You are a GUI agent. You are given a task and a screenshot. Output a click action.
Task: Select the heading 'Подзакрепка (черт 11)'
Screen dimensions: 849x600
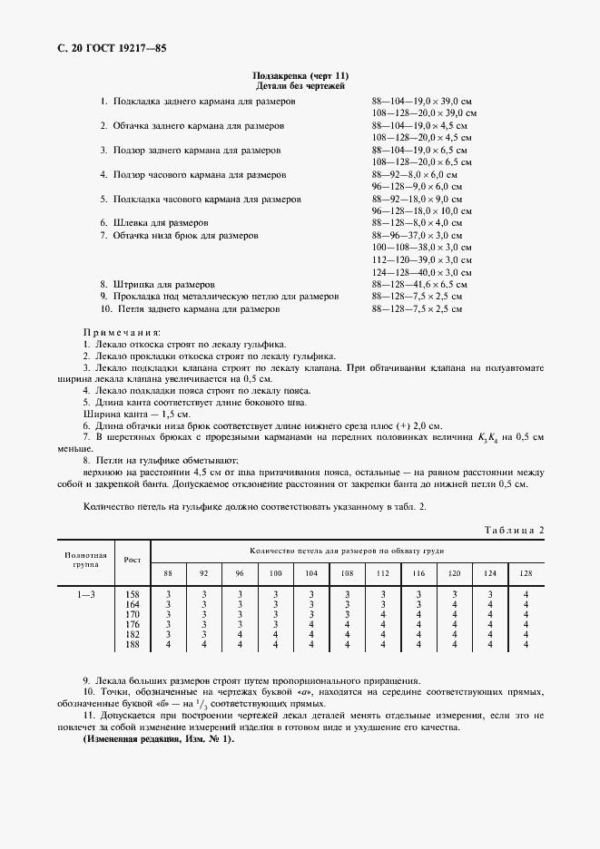[300, 75]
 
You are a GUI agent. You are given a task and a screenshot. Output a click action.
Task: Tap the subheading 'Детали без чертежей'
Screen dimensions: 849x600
[300, 85]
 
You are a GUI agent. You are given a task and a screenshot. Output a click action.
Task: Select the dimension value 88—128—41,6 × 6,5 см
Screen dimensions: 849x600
[419, 284]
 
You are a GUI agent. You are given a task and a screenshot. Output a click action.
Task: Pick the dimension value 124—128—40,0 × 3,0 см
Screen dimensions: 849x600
[419, 272]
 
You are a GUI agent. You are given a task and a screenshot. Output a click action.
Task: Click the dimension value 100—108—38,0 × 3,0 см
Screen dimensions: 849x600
[419, 248]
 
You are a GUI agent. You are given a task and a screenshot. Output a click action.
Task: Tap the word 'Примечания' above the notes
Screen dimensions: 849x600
[121, 333]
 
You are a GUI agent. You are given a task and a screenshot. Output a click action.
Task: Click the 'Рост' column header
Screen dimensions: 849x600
[132, 559]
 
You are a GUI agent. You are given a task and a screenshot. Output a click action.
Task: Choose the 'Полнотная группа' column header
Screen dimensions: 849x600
[85, 558]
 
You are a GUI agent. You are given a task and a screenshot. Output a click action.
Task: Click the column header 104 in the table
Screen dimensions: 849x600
[310, 573]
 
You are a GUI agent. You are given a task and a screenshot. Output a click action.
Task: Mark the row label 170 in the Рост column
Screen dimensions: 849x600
[132, 614]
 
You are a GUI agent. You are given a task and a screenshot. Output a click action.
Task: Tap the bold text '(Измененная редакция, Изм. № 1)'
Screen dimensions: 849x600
[158, 739]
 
